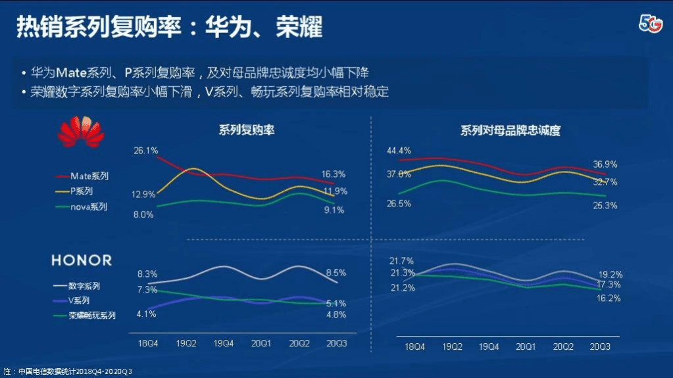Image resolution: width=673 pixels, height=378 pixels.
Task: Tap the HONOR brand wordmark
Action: tap(82, 260)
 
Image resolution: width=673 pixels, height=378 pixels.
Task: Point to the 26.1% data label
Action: tap(145, 151)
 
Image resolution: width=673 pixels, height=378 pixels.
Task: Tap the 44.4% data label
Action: tap(399, 151)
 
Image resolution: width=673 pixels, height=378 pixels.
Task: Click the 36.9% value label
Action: tap(605, 164)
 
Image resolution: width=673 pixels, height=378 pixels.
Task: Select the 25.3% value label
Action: tap(605, 206)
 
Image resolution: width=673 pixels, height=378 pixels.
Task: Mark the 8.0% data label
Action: tap(143, 214)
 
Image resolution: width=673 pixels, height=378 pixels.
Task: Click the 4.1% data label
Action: tap(146, 314)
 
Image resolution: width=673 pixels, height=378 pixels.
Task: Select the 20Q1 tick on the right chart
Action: tap(524, 346)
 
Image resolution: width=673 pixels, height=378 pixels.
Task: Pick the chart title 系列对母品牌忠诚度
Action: tap(510, 130)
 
